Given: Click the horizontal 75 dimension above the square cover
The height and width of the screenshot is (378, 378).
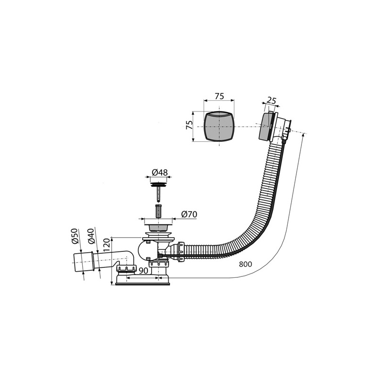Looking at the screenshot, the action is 219,96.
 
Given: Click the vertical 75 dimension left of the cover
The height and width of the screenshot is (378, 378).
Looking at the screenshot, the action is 189,125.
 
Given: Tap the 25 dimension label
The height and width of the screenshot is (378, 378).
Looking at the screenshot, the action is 271,101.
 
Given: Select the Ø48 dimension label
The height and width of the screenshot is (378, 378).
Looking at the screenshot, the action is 160,172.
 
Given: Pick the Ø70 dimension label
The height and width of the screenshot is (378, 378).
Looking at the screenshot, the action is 189,214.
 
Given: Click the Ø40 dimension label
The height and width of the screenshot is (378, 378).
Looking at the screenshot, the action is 91,236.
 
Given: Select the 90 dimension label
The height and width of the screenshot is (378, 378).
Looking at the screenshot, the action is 144,271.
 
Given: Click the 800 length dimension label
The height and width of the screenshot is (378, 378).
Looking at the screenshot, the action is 245,264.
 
